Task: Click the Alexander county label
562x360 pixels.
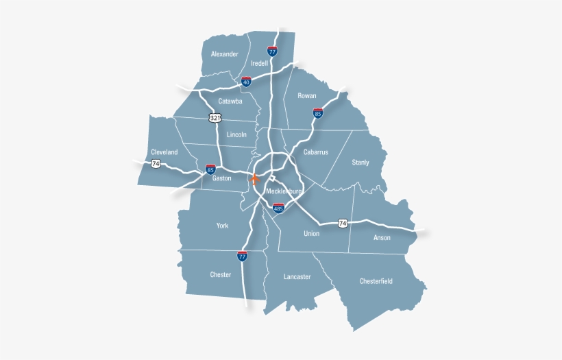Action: (x=225, y=54)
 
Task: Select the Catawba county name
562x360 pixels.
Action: (x=230, y=101)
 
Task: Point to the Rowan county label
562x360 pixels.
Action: (x=307, y=96)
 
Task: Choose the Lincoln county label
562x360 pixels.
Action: (x=236, y=135)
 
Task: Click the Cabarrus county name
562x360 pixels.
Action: (x=316, y=152)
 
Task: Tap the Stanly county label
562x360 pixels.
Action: (x=361, y=163)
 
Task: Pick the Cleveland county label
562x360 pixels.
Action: (x=164, y=152)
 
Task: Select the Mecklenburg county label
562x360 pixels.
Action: (x=284, y=191)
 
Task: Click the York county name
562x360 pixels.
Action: (x=222, y=226)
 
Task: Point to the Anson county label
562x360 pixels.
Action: (x=382, y=238)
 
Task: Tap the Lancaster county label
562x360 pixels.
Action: (x=297, y=277)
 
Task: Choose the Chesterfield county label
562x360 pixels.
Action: (x=377, y=281)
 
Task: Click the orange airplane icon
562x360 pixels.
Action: (x=255, y=180)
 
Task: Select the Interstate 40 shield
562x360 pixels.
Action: (x=246, y=81)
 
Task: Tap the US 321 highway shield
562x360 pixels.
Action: (x=216, y=118)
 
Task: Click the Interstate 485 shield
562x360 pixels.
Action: (x=278, y=208)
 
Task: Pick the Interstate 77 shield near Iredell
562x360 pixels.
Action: (x=272, y=51)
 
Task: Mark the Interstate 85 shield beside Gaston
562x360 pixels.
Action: (x=210, y=168)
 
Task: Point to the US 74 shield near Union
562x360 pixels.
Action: (x=342, y=223)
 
